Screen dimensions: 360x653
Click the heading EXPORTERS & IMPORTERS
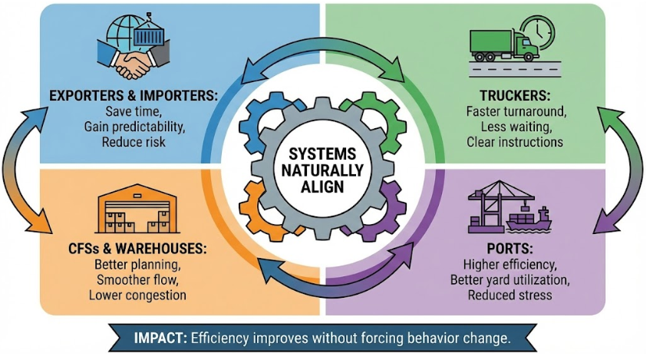click(x=133, y=96)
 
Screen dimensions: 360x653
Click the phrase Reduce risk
click(x=133, y=142)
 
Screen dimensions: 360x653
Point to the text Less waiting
click(x=515, y=127)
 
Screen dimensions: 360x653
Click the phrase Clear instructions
click(x=515, y=142)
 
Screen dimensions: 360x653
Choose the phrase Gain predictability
click(x=133, y=127)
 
